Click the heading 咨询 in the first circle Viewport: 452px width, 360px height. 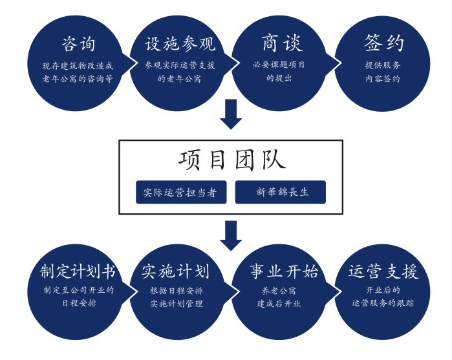pyautogui.click(x=78, y=44)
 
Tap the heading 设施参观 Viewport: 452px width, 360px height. pyautogui.click(x=180, y=44)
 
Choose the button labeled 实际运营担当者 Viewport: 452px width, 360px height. pyautogui.click(x=180, y=193)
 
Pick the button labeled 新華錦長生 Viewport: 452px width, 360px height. pyautogui.click(x=281, y=193)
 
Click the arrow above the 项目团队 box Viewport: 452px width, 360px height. pyautogui.click(x=231, y=114)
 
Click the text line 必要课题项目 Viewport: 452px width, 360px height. pyautogui.click(x=279, y=65)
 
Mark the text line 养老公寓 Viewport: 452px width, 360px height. pyautogui.click(x=279, y=290)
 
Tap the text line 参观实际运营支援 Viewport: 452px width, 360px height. pyautogui.click(x=180, y=65)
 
